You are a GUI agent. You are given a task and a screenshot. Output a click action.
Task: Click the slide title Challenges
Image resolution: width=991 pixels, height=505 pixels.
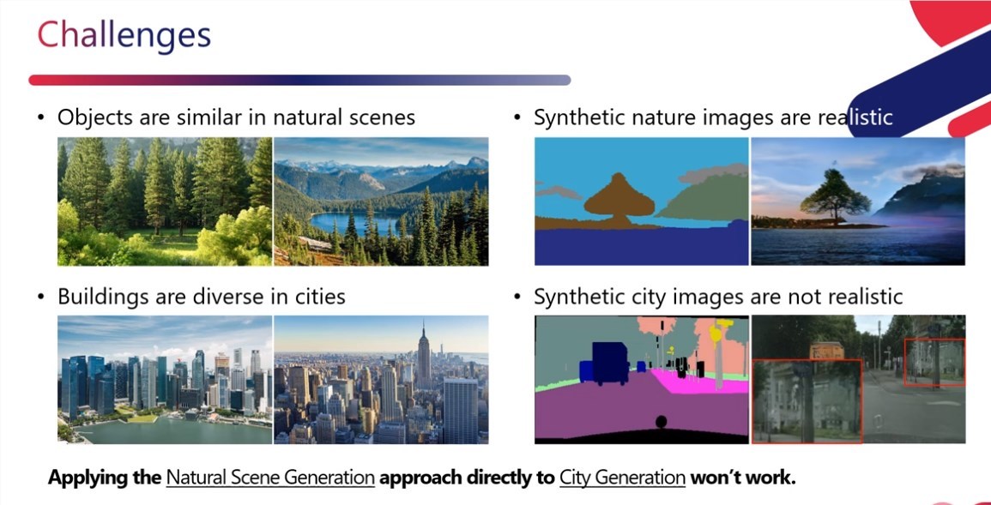tap(124, 35)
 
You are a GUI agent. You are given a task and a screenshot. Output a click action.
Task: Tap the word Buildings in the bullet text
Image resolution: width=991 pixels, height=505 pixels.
tap(98, 296)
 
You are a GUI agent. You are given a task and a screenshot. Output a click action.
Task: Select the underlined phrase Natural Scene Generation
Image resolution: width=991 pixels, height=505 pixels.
tap(270, 478)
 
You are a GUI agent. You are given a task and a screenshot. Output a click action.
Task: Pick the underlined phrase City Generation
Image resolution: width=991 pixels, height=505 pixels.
tap(623, 478)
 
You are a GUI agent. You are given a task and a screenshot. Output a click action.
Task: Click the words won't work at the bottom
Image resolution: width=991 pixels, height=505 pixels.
tap(743, 477)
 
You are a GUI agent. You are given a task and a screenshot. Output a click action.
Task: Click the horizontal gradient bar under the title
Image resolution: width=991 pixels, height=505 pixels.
tap(299, 81)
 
